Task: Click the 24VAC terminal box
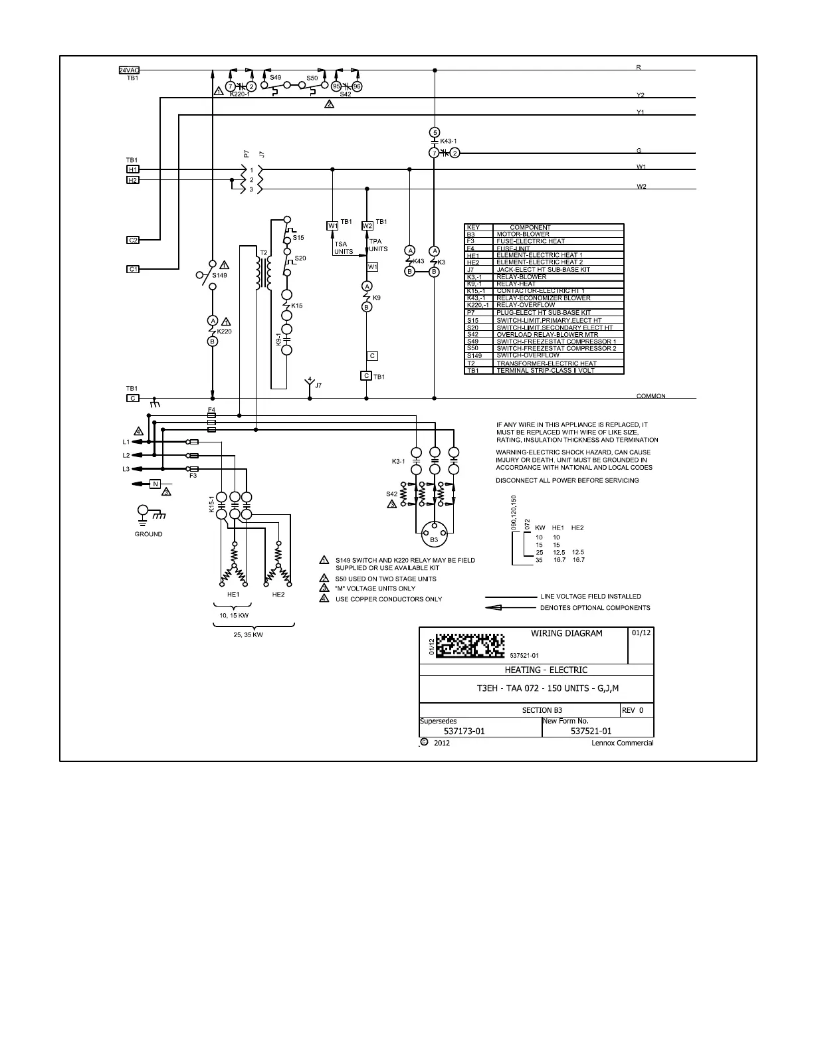pyautogui.click(x=128, y=70)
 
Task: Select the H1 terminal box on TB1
pyautogui.click(x=133, y=169)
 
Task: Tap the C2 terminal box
pyautogui.click(x=133, y=240)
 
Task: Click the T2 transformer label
pyautogui.click(x=263, y=253)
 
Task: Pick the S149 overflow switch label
pyautogui.click(x=220, y=275)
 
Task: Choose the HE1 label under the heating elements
pyautogui.click(x=233, y=594)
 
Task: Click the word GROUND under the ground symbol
pyautogui.click(x=148, y=534)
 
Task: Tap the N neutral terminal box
pyautogui.click(x=155, y=483)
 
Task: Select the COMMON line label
pyautogui.click(x=651, y=396)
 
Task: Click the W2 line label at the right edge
pyautogui.click(x=641, y=187)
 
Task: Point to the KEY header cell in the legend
pyautogui.click(x=473, y=227)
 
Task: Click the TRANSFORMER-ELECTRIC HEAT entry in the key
pyautogui.click(x=546, y=363)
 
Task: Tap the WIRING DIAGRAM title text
pyautogui.click(x=566, y=633)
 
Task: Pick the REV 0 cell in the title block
pyautogui.click(x=632, y=710)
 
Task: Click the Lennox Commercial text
pyautogui.click(x=622, y=743)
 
